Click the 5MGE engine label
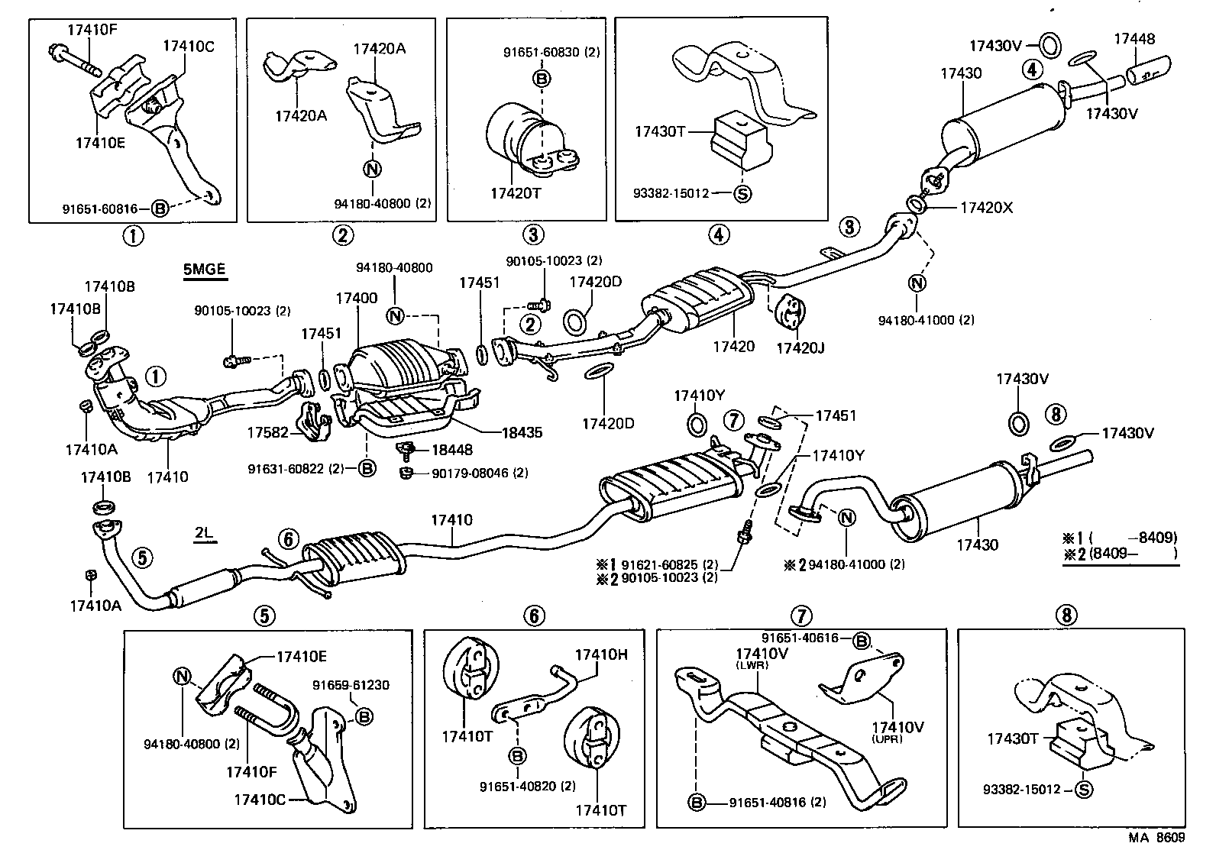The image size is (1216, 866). [205, 269]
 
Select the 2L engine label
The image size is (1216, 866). [202, 534]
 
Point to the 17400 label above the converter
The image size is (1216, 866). [356, 298]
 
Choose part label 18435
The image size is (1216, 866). [522, 432]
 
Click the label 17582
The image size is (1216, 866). [267, 433]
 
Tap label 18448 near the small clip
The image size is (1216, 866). [452, 451]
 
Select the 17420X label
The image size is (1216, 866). [985, 206]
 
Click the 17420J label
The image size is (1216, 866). [800, 347]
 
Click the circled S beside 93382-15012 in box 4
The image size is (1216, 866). [742, 193]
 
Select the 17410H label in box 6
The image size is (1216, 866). [600, 654]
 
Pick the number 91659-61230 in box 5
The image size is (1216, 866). [351, 685]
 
